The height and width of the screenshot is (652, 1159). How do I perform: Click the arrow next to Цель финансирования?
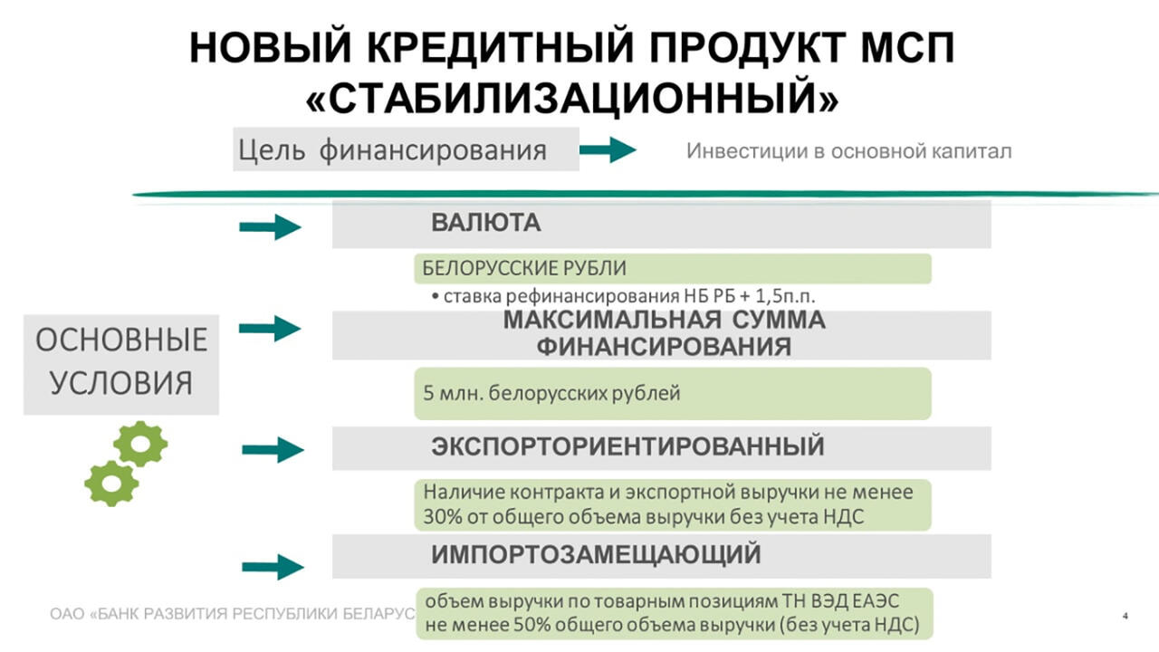608,150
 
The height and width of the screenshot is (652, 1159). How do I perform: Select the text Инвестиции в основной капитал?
848,151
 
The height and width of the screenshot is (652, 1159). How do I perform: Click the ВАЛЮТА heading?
486,223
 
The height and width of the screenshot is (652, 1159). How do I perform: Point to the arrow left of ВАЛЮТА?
270,227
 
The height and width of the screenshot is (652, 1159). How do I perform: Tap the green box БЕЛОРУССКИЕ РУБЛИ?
673,269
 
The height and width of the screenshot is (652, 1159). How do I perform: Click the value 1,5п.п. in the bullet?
785,296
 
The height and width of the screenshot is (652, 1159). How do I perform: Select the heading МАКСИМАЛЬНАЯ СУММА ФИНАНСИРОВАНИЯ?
664,333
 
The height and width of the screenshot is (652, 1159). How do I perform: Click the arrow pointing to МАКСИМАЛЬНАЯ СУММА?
270,328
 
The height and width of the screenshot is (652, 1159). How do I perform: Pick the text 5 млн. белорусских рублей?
551,394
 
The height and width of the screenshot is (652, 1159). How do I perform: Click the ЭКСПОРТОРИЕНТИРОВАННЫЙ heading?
627,446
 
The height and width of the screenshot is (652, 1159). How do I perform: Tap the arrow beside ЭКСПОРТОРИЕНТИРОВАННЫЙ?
273,450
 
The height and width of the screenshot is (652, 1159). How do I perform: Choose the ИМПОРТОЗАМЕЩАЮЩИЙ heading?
596,554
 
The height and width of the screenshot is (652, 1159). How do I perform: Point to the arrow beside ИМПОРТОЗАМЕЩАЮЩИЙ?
273,567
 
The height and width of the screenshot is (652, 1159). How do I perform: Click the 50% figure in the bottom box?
532,625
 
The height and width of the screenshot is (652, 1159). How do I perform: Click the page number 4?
1125,616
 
